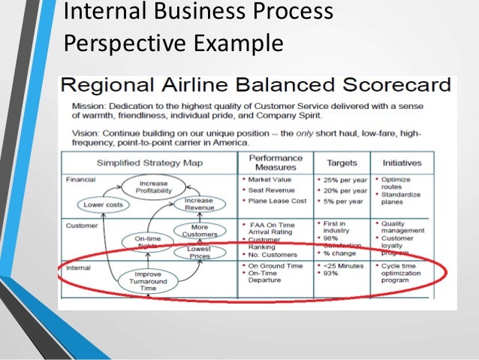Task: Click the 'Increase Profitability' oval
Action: click(x=152, y=187)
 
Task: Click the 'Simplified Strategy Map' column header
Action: click(x=148, y=163)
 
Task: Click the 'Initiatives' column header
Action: click(x=402, y=163)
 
